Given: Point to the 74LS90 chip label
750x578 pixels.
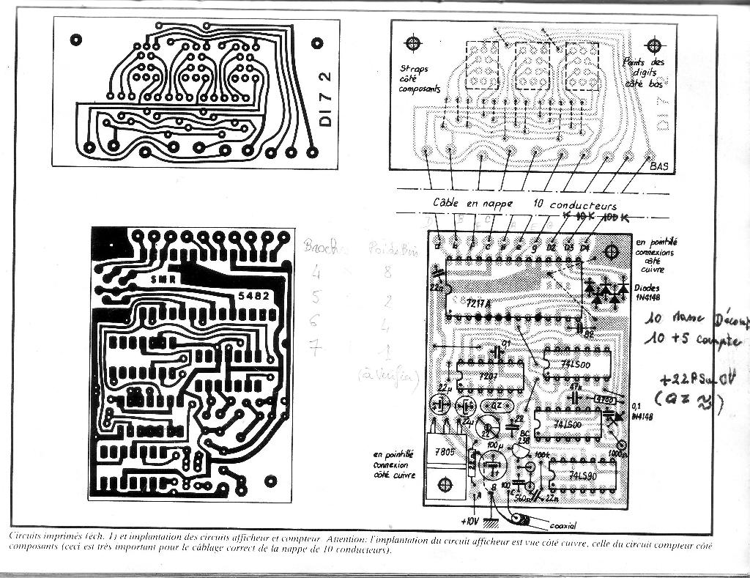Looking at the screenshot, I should (584, 476).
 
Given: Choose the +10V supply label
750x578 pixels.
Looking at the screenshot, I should (471, 522).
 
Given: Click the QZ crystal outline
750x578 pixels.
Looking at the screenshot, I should (496, 406).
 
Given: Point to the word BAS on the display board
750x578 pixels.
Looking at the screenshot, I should (659, 166).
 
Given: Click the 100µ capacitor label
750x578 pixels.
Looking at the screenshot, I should (494, 445).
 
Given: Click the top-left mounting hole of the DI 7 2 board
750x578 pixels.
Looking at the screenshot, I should (76, 40).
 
